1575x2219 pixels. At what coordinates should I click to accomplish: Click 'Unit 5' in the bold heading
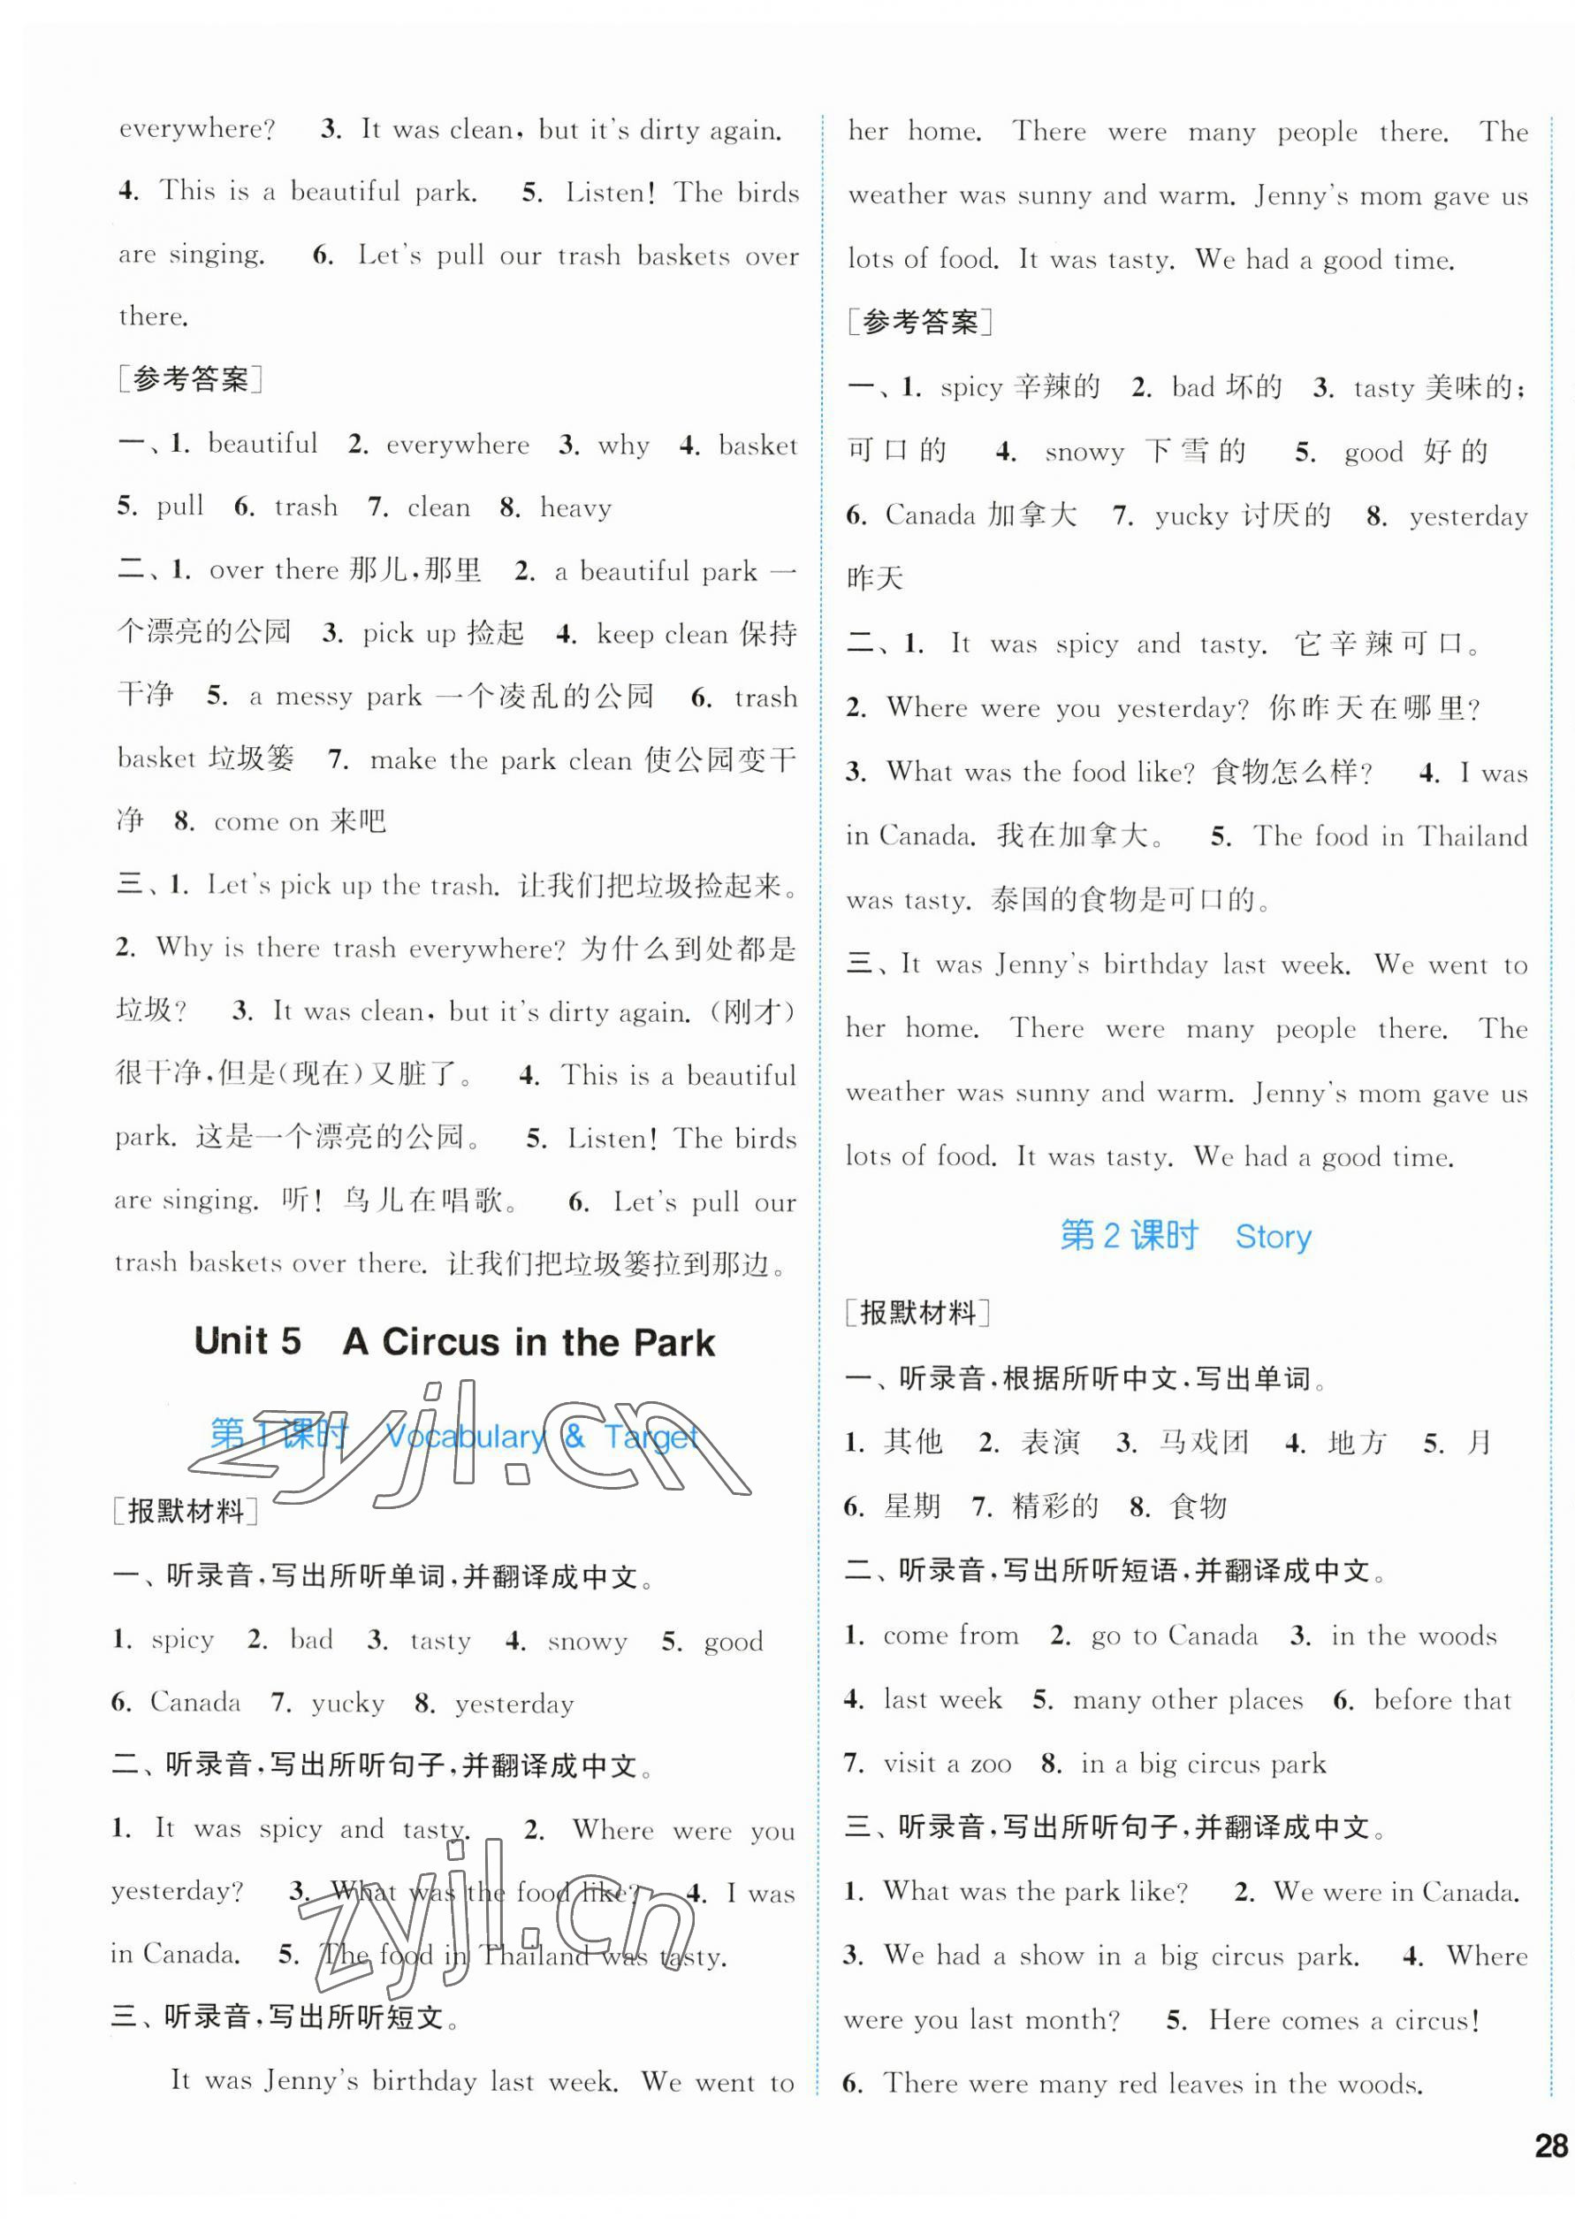[x=247, y=1341]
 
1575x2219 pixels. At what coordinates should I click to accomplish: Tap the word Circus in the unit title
[x=441, y=1342]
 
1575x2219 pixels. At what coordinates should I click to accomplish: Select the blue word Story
[x=1273, y=1237]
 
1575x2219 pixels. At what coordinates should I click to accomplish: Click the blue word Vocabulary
[x=466, y=1437]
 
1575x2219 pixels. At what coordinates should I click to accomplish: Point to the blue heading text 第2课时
[x=1129, y=1236]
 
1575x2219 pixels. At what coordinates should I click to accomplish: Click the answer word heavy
[x=575, y=507]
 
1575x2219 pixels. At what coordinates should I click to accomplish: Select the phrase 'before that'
[x=1442, y=1700]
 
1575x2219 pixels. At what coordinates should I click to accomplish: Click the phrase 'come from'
[x=950, y=1636]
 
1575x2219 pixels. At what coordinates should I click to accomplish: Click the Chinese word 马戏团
[x=1204, y=1443]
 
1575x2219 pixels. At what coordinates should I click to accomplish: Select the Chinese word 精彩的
[x=1055, y=1506]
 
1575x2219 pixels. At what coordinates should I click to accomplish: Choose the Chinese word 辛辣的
[x=1057, y=387]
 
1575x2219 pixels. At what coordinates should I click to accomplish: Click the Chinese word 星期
[x=913, y=1506]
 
